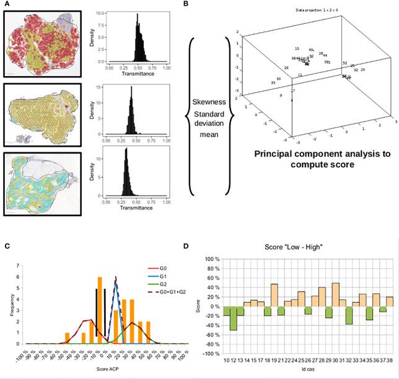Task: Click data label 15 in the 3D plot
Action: [x=297, y=49]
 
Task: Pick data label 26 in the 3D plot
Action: [x=287, y=68]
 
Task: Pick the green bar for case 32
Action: [x=349, y=315]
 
